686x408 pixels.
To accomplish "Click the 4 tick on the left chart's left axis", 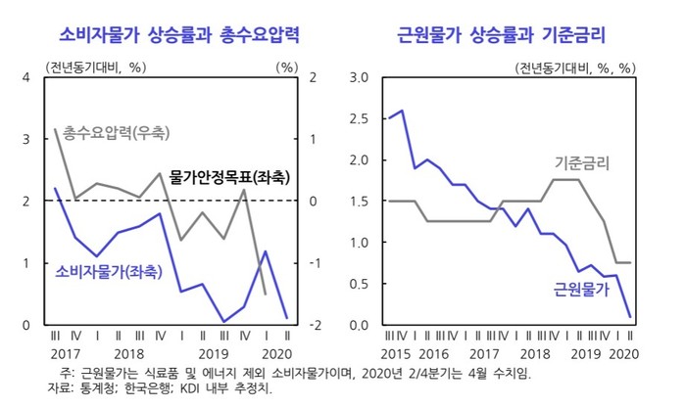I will [x=27, y=76].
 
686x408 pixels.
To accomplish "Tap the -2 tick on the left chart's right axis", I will [x=309, y=325].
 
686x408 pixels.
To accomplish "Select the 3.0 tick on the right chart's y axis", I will [x=359, y=76].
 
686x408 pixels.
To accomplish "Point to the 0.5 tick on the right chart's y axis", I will [x=359, y=284].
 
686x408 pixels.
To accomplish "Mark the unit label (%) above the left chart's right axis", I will [x=286, y=68].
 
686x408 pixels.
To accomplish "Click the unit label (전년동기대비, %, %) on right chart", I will [x=575, y=68].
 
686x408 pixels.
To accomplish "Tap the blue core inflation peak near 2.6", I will [x=402, y=111].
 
